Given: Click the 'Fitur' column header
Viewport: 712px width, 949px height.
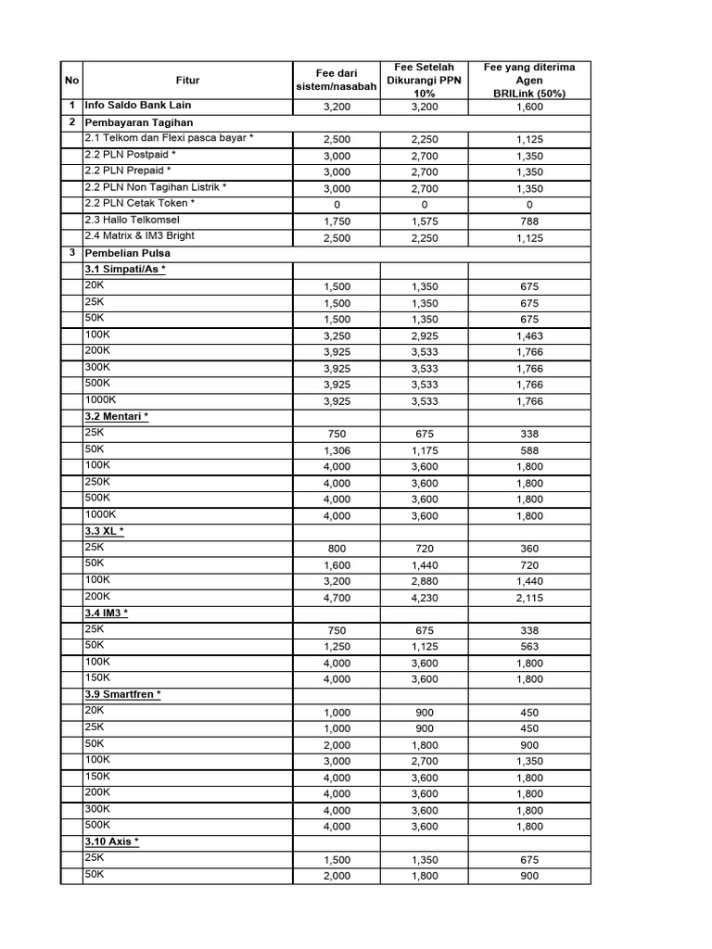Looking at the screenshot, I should click(x=187, y=80).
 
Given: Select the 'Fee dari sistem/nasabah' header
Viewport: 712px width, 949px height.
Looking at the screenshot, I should click(x=336, y=80).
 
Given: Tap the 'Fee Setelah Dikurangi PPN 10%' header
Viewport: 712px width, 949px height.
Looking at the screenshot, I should click(x=424, y=80).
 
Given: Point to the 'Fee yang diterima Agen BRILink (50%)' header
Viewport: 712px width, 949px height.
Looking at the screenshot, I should click(x=529, y=80).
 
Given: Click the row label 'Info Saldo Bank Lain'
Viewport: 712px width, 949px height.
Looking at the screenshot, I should click(x=138, y=106).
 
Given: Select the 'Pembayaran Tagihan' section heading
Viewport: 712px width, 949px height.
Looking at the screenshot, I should click(x=137, y=122).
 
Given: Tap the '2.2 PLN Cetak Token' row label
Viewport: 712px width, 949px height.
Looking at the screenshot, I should click(x=139, y=203).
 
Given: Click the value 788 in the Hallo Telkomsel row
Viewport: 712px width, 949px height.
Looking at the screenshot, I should click(x=529, y=221).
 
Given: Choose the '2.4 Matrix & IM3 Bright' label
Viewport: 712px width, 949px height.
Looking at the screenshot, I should click(x=139, y=236).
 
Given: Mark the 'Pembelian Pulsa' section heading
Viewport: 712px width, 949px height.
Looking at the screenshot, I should click(x=128, y=253).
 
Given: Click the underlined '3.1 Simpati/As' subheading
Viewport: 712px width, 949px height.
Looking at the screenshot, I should click(x=125, y=270).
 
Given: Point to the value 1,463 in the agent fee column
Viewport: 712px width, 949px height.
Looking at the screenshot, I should click(x=529, y=335).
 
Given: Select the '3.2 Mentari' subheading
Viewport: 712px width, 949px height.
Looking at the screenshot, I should click(x=116, y=416).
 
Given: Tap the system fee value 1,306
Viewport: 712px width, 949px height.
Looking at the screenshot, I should click(x=336, y=450).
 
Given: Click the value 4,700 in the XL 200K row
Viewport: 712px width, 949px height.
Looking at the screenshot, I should click(x=336, y=598).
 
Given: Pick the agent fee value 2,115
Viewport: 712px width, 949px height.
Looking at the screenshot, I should click(x=529, y=598).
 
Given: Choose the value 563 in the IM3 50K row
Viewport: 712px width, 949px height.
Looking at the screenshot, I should click(x=529, y=647).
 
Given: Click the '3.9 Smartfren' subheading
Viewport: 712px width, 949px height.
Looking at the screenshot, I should click(x=122, y=694).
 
